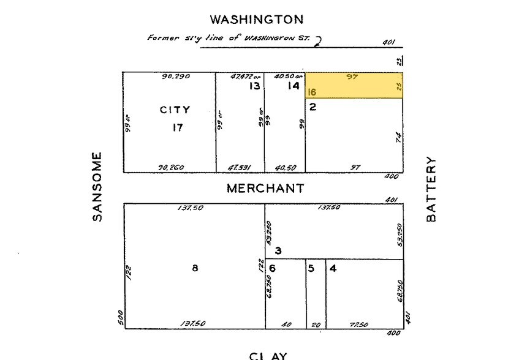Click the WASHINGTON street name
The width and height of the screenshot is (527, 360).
[x=256, y=20]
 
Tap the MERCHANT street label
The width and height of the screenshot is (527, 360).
[x=265, y=189]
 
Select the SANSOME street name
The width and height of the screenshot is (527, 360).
[x=97, y=187]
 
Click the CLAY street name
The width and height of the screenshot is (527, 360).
[x=267, y=356]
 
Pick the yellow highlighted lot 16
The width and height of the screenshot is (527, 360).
[x=354, y=86]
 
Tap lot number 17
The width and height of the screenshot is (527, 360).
[x=177, y=128]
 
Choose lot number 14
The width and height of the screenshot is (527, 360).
[x=294, y=86]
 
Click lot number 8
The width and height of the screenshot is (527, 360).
[x=195, y=267]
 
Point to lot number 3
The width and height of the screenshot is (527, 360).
[x=278, y=250]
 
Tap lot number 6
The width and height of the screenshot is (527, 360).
[x=273, y=268]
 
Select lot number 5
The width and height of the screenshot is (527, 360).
[x=311, y=268]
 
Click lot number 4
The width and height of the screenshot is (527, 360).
[x=333, y=268]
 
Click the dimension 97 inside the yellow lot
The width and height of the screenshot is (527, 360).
[x=352, y=77]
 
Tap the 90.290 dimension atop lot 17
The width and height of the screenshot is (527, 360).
[x=176, y=77]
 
